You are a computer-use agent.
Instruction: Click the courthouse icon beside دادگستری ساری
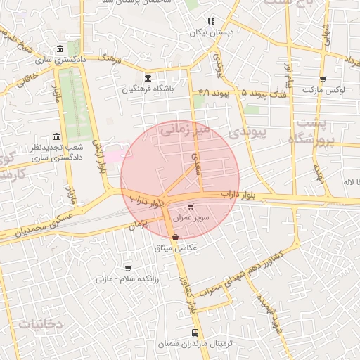point(58,49)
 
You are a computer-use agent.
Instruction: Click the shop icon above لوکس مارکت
point(322,79)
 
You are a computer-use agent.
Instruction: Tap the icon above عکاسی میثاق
point(175,238)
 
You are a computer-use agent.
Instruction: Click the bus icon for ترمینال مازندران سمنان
point(195,332)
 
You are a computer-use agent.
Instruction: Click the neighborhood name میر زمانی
point(184,130)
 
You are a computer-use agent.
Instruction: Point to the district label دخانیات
point(40,324)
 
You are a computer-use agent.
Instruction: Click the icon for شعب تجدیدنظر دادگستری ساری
point(56,137)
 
